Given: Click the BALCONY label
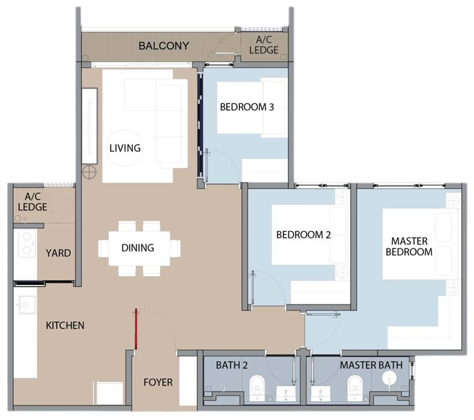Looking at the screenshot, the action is pos(164,46).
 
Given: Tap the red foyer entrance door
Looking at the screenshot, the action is pos(136,329).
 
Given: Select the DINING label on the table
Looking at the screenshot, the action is pos(138,248).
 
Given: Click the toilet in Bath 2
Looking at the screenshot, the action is pos(257,388).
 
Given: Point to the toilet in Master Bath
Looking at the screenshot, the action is pos(355,388).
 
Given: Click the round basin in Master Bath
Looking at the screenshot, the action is pos(390,378).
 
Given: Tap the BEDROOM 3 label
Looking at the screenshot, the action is pos(247,107).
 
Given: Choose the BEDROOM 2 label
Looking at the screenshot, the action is pos(303,235).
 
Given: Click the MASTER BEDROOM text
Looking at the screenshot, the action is pos(409,246).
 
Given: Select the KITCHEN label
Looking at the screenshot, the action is pos(65,325).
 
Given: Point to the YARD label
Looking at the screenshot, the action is pos(58,253).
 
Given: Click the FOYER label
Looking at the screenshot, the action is pos(158,382).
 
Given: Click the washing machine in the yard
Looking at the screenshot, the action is pos(27,243).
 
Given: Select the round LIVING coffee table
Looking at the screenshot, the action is pos(124,148).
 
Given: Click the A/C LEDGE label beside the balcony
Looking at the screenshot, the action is pos(264,45).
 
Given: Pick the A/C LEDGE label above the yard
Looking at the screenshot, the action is pos(32,202).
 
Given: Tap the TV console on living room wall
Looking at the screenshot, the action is pos(90,126).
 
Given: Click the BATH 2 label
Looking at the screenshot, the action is pos(232,365).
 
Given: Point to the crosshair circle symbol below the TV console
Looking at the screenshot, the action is pos(89,172).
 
